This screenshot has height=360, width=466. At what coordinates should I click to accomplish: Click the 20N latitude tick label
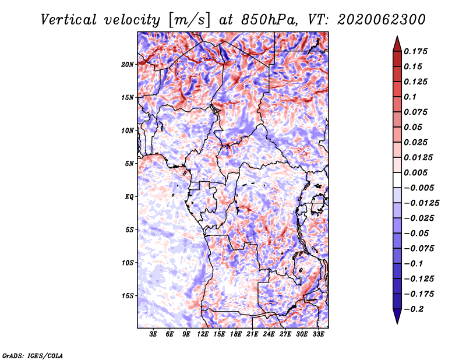click(x=128, y=65)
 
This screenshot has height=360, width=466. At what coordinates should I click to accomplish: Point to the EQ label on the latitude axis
click(x=129, y=197)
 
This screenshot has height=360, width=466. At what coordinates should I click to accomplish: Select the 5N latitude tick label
click(x=129, y=164)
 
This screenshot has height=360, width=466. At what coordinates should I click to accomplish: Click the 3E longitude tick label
click(x=153, y=334)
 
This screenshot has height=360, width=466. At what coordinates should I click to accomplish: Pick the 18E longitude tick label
click(x=235, y=334)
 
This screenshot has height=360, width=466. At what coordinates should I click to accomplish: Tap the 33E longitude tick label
click(x=318, y=334)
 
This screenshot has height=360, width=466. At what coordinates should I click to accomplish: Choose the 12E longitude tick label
click(x=202, y=334)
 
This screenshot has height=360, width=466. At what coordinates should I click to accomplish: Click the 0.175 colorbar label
click(x=415, y=51)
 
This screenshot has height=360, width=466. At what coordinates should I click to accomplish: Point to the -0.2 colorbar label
click(x=414, y=309)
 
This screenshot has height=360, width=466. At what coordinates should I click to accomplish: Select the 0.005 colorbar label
click(x=415, y=172)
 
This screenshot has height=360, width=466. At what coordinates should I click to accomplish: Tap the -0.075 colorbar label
click(x=419, y=249)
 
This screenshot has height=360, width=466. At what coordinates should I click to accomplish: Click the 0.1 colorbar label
click(x=410, y=97)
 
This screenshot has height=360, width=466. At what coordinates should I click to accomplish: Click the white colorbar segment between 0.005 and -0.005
click(x=397, y=180)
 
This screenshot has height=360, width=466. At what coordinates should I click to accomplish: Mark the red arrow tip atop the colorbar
click(x=397, y=37)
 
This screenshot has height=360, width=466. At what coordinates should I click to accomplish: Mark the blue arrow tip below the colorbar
click(x=397, y=323)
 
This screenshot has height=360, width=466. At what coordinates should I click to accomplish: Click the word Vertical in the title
click(x=68, y=20)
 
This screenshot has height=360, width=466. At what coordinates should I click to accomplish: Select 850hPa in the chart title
click(x=269, y=20)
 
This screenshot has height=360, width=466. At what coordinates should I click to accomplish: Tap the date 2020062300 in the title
click(x=382, y=20)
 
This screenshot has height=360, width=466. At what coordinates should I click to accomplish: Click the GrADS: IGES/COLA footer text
click(x=33, y=355)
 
